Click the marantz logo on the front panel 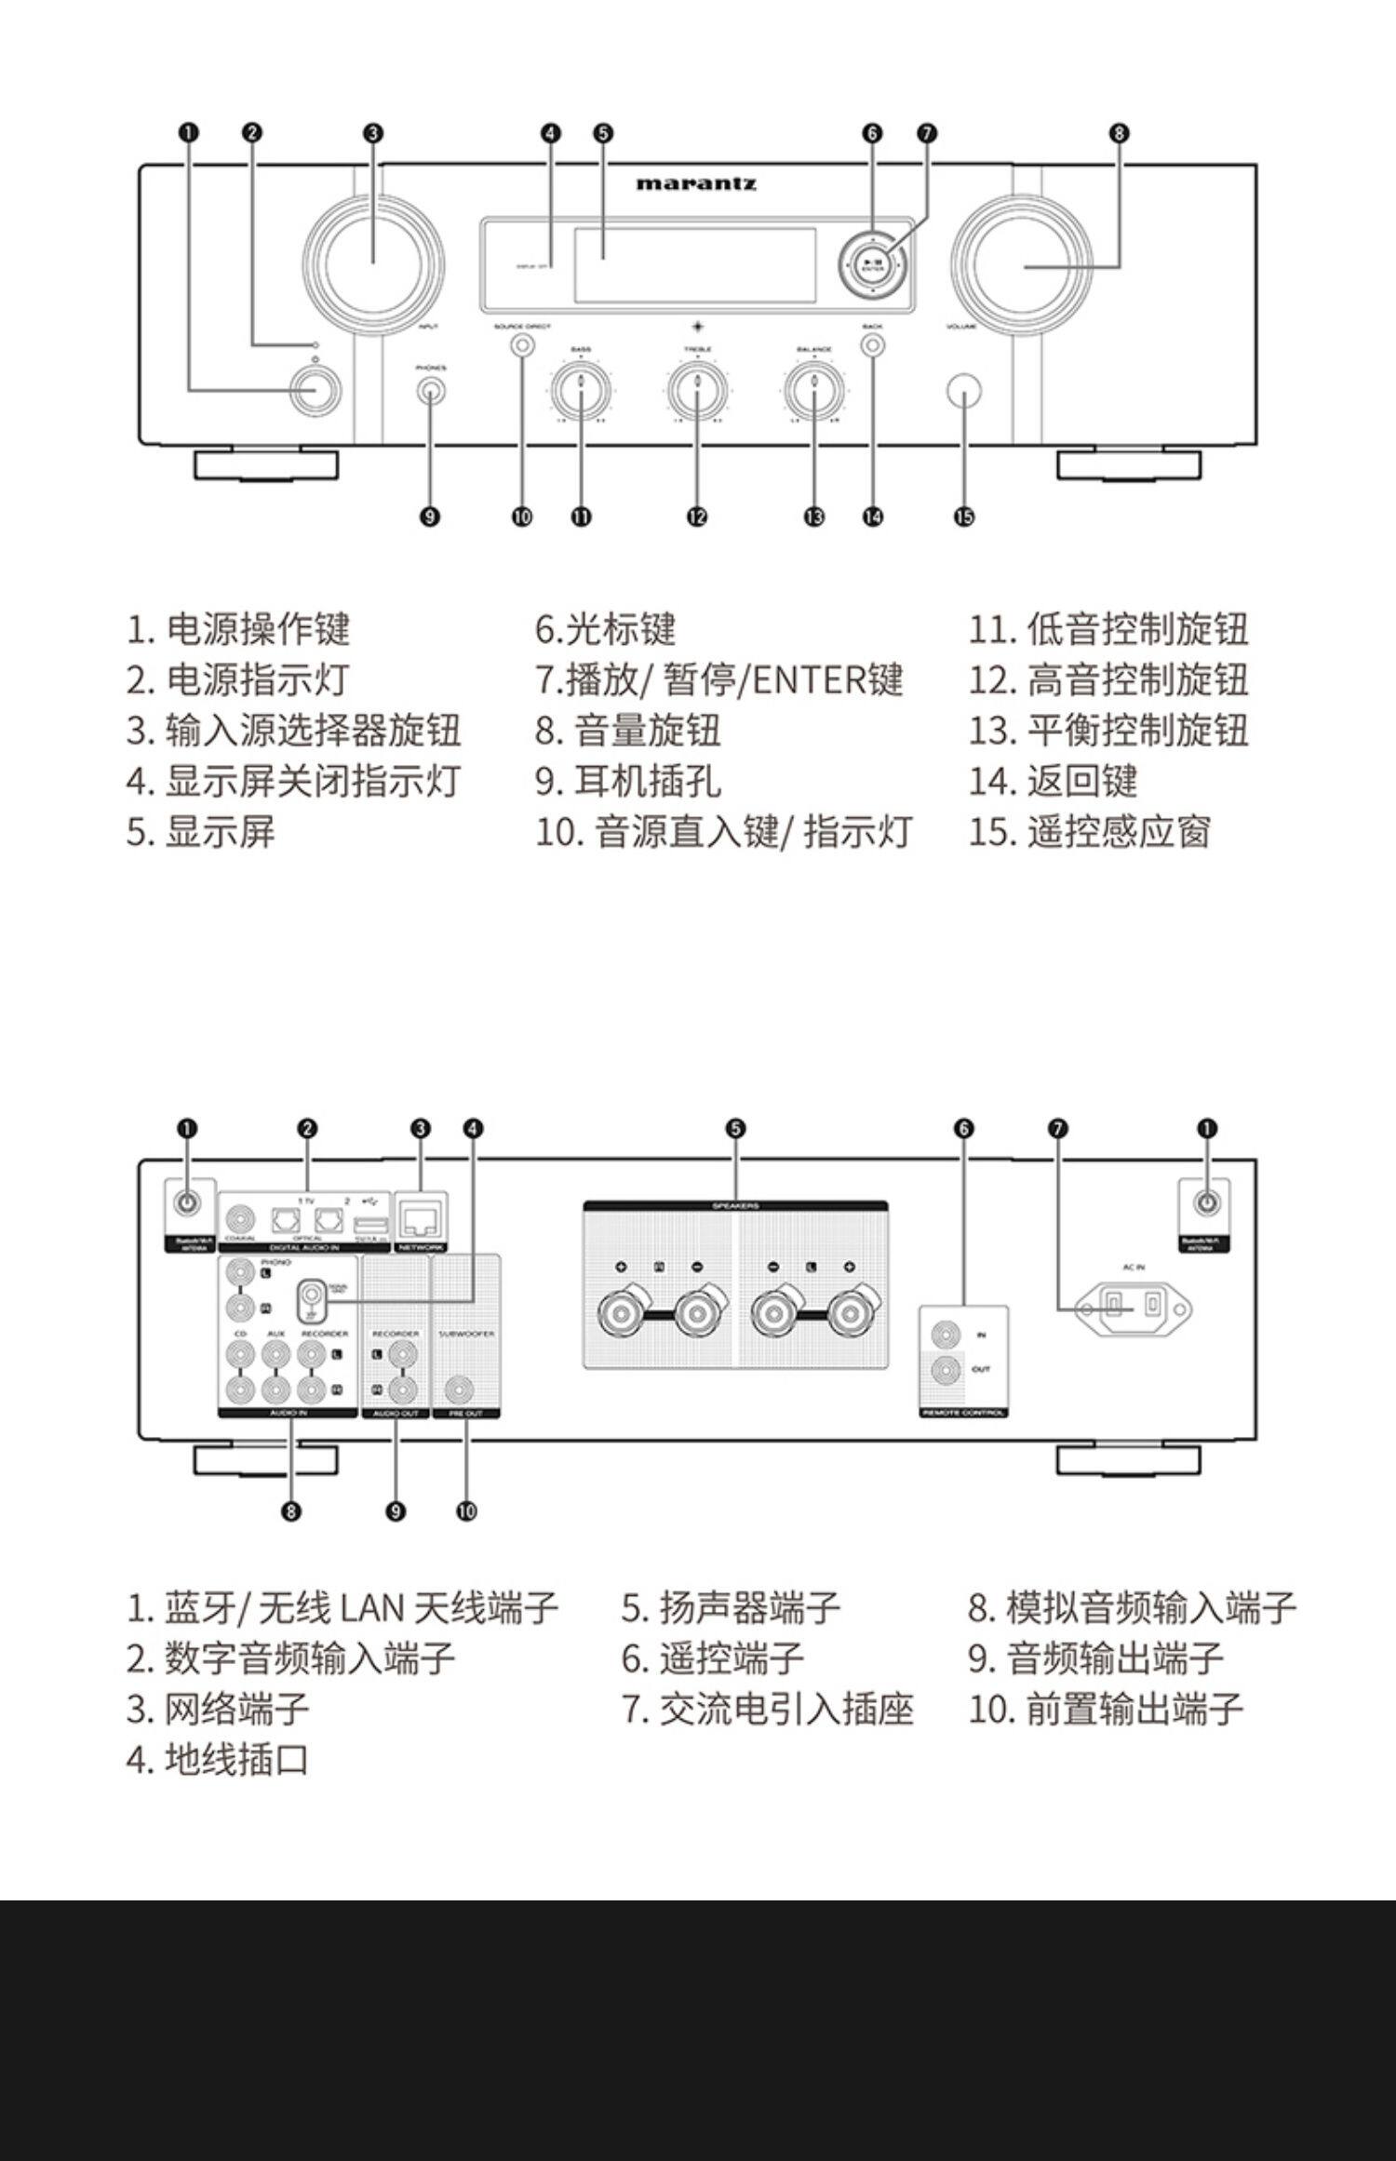click(696, 183)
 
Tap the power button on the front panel click(315, 391)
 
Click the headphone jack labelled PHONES click(430, 390)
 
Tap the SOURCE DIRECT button click(523, 346)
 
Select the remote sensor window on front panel click(964, 391)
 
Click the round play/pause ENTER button click(873, 264)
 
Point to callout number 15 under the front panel click(964, 517)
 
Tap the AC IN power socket click(1133, 1309)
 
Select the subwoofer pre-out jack click(459, 1390)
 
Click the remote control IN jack click(946, 1335)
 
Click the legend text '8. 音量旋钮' click(628, 731)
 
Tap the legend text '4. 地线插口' click(218, 1760)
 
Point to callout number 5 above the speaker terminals click(735, 1129)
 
